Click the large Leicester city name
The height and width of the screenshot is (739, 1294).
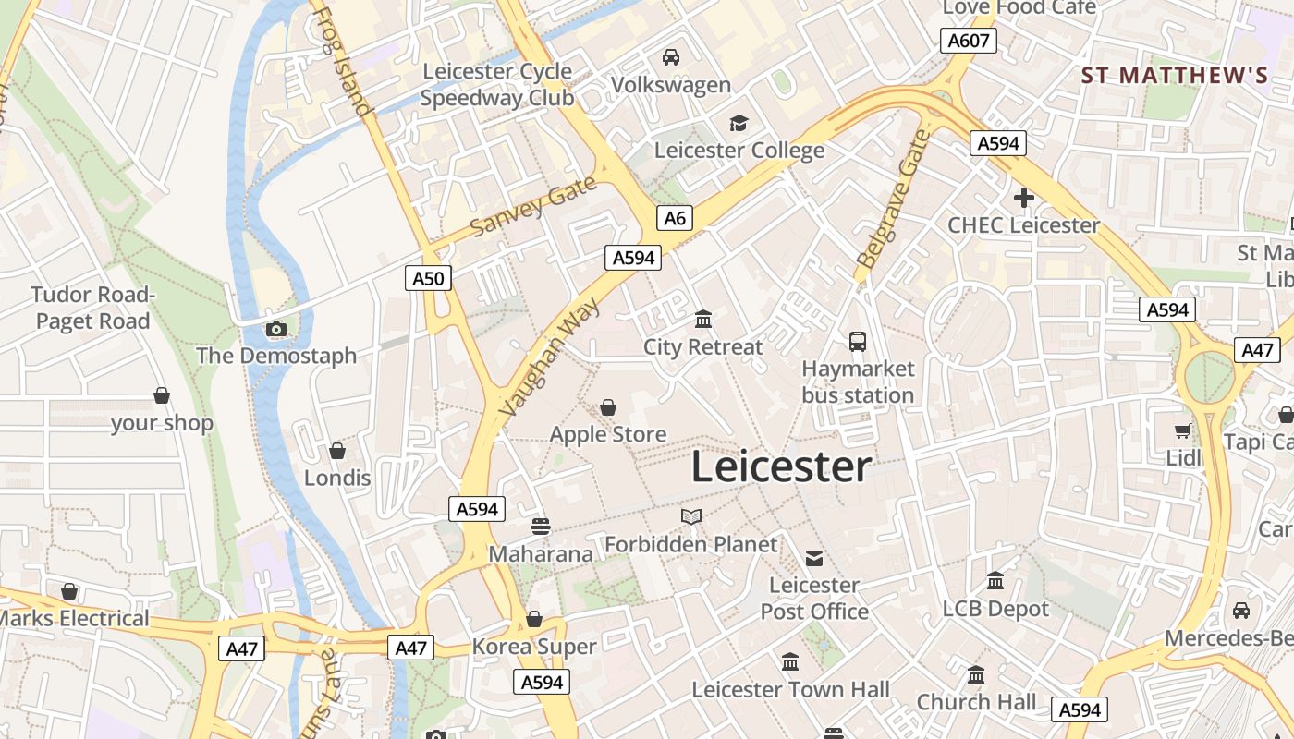pos(781,467)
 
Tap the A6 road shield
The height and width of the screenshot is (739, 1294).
pos(675,218)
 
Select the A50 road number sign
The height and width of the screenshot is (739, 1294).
pos(428,278)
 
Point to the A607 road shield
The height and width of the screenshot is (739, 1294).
pos(969,41)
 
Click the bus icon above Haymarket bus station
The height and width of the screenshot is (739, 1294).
pos(858,342)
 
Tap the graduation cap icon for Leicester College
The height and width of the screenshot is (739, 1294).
pos(739,123)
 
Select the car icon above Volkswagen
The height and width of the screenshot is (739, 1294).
pos(671,57)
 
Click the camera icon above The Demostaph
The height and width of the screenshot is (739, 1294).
pos(275,329)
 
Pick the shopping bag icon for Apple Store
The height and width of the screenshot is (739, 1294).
pos(608,407)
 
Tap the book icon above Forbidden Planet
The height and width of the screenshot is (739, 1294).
pos(691,517)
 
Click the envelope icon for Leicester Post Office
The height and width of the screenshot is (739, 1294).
pos(814,558)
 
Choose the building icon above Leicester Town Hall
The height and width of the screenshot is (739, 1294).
pos(790,662)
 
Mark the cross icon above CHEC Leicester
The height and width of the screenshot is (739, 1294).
pos(1023,198)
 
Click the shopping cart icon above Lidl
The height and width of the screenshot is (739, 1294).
pos(1182,430)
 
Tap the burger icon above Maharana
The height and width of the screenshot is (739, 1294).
pos(541,527)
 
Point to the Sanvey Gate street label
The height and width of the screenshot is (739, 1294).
pos(533,209)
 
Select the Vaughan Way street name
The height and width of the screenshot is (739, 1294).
pos(549,357)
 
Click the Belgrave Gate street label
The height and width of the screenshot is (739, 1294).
pos(892,200)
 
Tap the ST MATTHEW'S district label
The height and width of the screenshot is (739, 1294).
pos(1174,76)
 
